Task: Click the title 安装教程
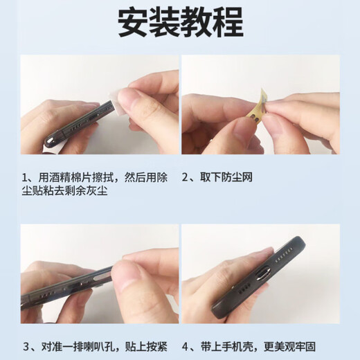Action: point(180,23)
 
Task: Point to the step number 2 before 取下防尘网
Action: point(186,177)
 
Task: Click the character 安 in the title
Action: point(132,23)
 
